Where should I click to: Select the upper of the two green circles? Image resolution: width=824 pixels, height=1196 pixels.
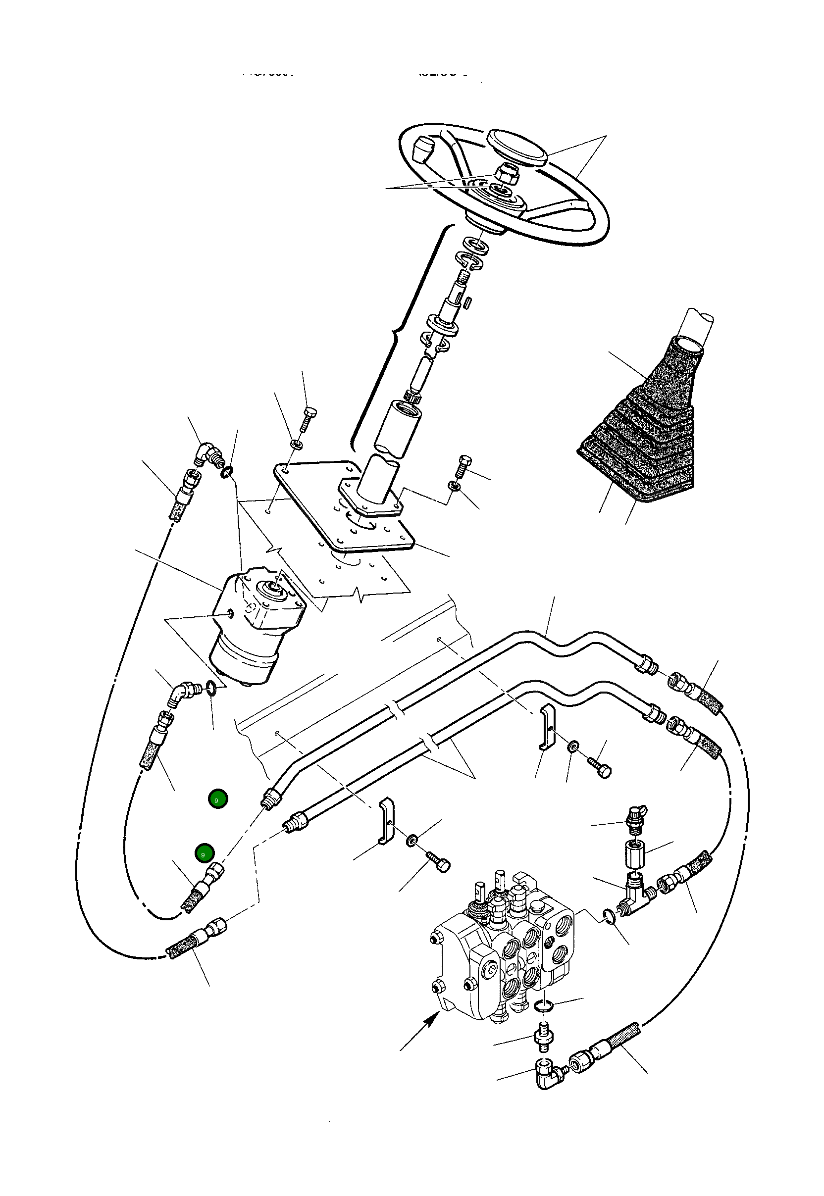pos(218,798)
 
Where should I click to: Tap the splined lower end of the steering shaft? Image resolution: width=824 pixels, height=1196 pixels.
pos(412,397)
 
